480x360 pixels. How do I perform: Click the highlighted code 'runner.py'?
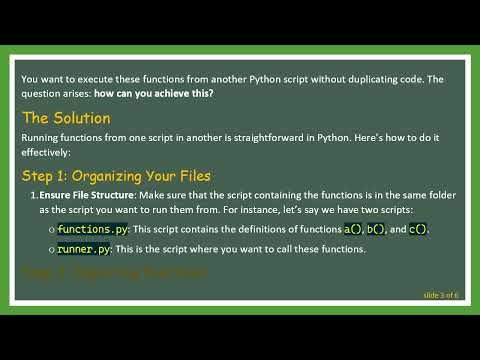click(x=82, y=249)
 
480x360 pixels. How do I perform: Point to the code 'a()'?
click(x=352, y=229)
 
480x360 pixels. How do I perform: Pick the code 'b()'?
click(x=376, y=229)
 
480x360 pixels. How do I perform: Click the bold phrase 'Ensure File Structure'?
click(x=88, y=195)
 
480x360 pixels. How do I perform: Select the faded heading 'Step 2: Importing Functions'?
click(x=114, y=272)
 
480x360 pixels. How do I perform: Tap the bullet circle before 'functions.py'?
click(x=50, y=230)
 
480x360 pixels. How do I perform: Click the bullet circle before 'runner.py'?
click(x=50, y=250)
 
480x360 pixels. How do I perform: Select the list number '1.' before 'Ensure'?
click(x=33, y=195)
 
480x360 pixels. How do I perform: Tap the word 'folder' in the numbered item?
click(x=427, y=195)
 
